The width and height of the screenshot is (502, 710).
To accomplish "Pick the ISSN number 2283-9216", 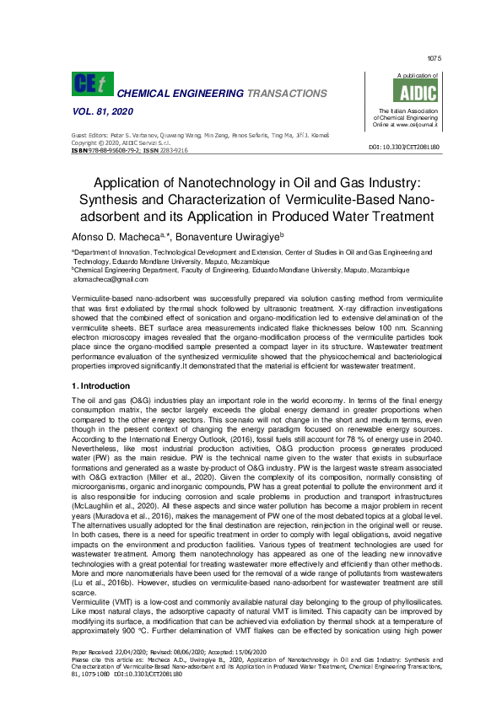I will click(169, 149).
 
